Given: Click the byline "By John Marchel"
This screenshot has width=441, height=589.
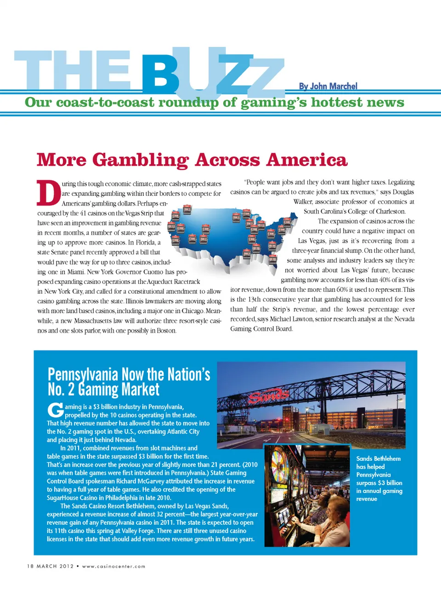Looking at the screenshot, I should (328, 86).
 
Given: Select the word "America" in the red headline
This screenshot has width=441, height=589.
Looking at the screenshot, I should (306, 160).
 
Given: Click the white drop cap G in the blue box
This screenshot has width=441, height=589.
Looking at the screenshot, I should (55, 411).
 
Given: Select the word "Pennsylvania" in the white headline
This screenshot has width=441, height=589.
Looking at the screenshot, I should (83, 375).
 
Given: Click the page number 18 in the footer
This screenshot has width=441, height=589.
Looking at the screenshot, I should (30, 566).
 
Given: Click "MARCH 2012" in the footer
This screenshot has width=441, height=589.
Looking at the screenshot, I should (55, 566).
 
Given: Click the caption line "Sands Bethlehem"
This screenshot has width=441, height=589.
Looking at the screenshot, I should (378, 459).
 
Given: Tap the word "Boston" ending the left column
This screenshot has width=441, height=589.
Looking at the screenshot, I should (166, 330).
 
